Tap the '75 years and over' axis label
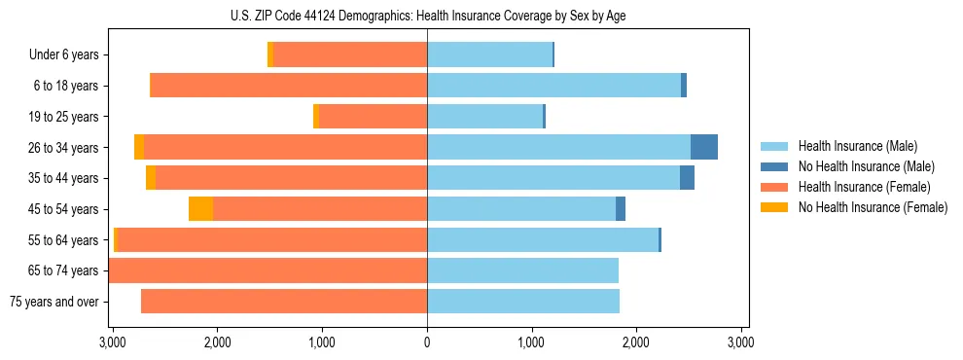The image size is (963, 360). (x=53, y=302)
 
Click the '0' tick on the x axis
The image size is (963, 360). (x=427, y=343)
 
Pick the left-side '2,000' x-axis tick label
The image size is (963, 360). (x=217, y=343)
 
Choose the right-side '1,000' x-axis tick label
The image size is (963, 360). (x=531, y=343)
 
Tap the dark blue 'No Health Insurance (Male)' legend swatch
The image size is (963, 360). (x=775, y=167)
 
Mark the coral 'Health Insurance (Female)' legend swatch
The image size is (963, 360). (x=775, y=187)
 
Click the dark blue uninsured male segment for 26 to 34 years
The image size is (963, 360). (x=704, y=147)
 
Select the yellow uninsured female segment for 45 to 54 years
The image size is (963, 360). (x=200, y=209)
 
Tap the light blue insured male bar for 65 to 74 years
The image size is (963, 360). (x=522, y=270)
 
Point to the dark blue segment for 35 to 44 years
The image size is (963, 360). (x=687, y=178)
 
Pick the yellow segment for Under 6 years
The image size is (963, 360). (x=270, y=55)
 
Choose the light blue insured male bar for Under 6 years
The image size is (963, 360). (x=489, y=55)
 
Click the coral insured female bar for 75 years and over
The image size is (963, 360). (x=284, y=302)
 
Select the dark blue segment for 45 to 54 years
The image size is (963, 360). (x=621, y=209)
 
